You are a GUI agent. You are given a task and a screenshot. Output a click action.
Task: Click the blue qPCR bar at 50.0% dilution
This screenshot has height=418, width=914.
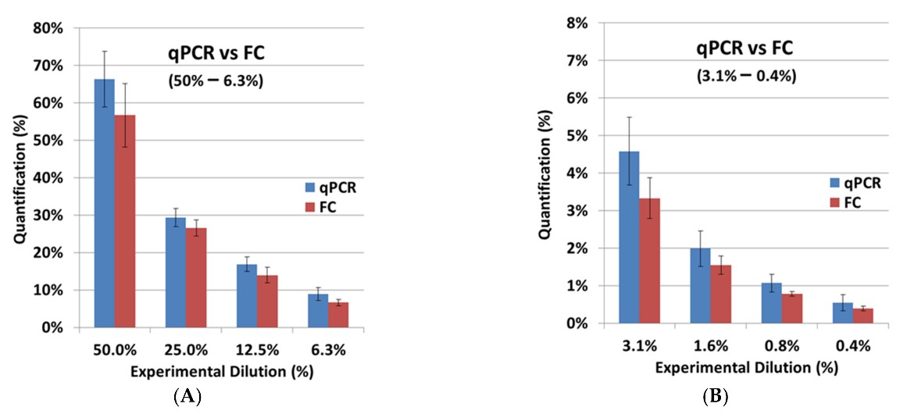click(x=104, y=203)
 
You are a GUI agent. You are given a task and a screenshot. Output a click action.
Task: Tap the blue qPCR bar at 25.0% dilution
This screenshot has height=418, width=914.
click(x=176, y=273)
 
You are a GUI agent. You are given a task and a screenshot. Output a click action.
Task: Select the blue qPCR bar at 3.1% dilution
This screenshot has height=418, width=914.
click(x=629, y=238)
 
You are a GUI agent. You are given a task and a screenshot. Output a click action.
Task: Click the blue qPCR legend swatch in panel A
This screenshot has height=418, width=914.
click(x=310, y=188)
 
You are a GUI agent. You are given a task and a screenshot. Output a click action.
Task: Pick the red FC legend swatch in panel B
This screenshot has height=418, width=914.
click(x=835, y=202)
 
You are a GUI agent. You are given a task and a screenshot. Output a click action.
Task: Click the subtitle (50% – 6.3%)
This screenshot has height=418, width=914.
click(x=216, y=80)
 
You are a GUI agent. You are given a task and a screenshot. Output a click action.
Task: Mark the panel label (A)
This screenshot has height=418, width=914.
click(x=187, y=396)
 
